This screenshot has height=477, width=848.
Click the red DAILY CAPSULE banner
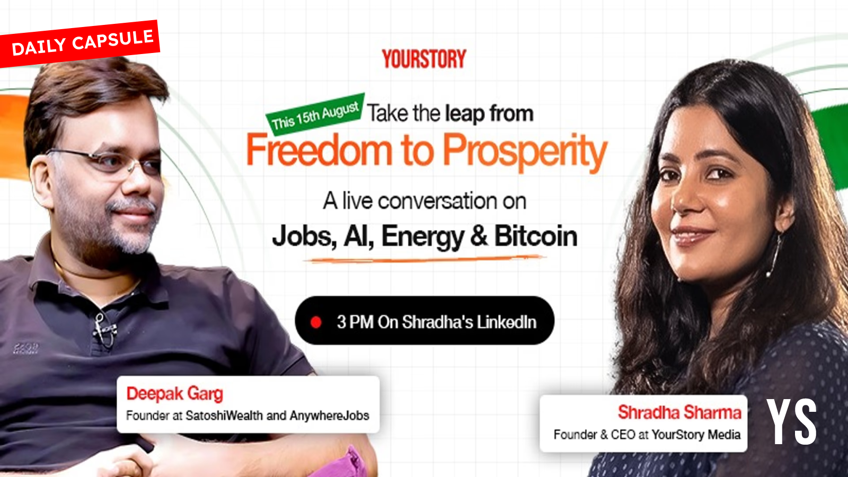[79, 43]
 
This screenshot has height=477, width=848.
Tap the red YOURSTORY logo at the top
[424, 59]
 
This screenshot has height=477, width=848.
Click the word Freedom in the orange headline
[319, 151]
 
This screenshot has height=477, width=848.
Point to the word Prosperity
[525, 152]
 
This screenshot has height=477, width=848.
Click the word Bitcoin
[536, 236]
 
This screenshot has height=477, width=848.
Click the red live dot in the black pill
[316, 322]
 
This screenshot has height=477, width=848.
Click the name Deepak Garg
[174, 394]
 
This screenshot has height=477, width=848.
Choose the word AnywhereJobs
[329, 416]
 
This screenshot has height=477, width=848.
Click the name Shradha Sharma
[679, 412]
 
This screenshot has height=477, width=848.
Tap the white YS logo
[792, 422]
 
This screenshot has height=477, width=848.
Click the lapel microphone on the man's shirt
[103, 329]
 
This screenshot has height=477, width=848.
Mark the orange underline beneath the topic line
[425, 259]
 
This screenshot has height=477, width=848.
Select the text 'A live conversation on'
[425, 201]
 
